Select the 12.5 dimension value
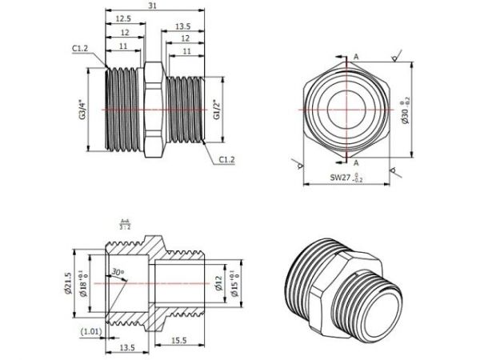(x=123, y=18)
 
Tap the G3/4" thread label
(x=82, y=110)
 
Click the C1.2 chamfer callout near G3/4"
(x=79, y=49)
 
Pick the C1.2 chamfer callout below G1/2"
(x=226, y=160)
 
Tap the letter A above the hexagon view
(x=355, y=57)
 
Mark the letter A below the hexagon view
(x=355, y=162)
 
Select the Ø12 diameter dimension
(x=218, y=283)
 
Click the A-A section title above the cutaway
(x=125, y=224)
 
